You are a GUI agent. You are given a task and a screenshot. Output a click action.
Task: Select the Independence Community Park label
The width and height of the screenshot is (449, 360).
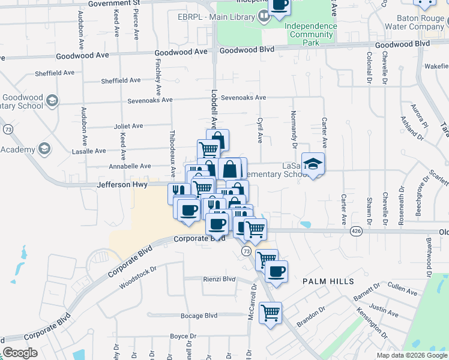click(x=310, y=34)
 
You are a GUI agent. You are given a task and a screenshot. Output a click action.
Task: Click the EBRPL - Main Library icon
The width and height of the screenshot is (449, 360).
click(x=265, y=17)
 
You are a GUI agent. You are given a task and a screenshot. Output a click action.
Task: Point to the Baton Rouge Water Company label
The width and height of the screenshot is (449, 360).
click(x=411, y=22)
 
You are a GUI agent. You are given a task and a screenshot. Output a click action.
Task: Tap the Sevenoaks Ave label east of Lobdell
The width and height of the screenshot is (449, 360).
click(x=243, y=97)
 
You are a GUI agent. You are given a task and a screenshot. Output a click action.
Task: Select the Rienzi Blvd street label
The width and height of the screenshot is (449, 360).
click(x=220, y=279)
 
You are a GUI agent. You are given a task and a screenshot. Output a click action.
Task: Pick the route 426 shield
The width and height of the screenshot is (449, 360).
click(x=357, y=230)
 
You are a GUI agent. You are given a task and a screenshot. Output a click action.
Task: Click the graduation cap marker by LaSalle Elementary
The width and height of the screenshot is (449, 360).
click(x=312, y=164)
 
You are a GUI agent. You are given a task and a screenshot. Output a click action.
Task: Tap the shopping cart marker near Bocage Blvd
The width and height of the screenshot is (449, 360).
click(x=271, y=312)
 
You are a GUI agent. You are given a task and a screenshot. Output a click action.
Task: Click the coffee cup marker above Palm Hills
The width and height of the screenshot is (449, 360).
click(x=276, y=271)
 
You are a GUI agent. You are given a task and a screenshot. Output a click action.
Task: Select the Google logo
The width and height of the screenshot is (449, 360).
click(x=20, y=353)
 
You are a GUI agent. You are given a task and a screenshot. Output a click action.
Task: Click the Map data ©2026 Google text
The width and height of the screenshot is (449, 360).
click(x=412, y=355)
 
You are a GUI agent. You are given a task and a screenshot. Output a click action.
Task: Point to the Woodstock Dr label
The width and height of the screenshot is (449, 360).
click(x=137, y=277)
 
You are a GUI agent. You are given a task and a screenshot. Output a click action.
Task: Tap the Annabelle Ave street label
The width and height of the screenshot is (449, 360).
click(x=129, y=166)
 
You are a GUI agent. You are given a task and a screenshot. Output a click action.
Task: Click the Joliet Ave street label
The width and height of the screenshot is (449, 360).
click(x=128, y=126)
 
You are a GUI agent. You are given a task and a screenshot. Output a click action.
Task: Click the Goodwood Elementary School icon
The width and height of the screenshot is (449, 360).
click(x=52, y=100)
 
